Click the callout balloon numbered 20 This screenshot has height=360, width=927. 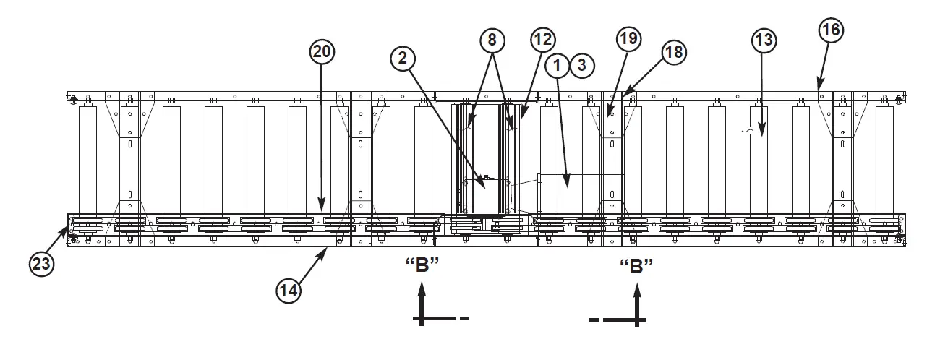coord(322,51)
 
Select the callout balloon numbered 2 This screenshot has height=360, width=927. coord(405,59)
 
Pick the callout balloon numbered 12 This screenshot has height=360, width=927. coord(543,39)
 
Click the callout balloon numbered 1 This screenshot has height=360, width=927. coord(558,66)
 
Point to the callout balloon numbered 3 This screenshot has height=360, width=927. coord(582,66)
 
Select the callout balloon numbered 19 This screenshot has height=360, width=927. coord(628,39)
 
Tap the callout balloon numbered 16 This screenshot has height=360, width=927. coord(832,30)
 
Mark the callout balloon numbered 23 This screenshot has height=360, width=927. coord(42,264)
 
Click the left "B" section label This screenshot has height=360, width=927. coord(423,266)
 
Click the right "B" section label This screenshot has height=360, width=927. coord(636,266)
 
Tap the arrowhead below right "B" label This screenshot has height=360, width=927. coord(637,290)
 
